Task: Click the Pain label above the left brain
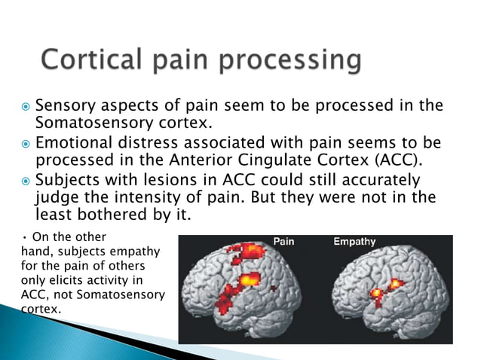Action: [283, 243]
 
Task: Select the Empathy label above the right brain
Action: [355, 243]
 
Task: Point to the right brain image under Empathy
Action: [384, 294]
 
